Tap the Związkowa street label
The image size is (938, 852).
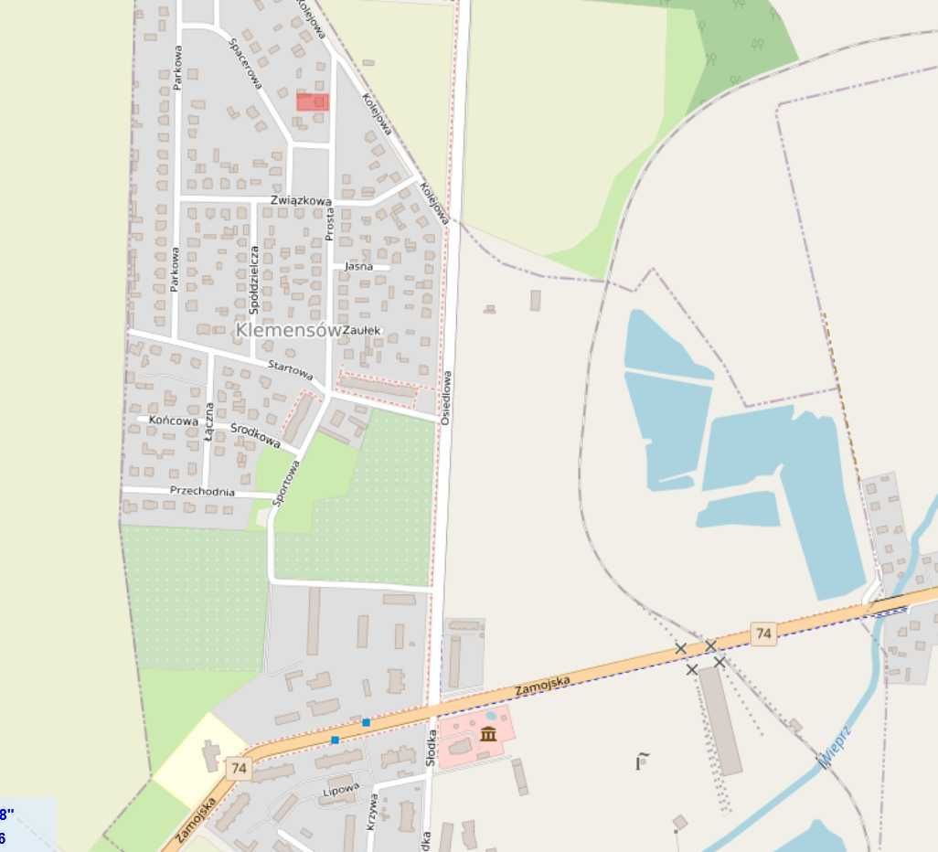pos(301,200)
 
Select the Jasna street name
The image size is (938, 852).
pos(358,267)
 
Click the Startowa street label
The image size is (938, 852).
pos(290,369)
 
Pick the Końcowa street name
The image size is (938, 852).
pos(174,421)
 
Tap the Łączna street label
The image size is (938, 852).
pos(210,422)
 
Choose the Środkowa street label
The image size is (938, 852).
pos(255,435)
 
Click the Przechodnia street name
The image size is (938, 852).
pos(202,492)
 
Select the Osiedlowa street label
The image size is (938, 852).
pos(446,397)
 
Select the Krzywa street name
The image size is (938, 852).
pos(372,810)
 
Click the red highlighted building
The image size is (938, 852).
pos(313,101)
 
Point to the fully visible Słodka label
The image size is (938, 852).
pos(430,750)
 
